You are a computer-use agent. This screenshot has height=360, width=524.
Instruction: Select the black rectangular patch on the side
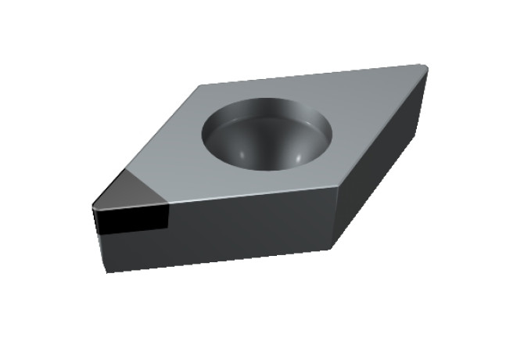130,219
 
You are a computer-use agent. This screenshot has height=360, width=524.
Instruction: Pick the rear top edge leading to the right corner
313,75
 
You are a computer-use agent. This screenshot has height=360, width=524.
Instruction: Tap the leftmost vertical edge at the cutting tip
93,223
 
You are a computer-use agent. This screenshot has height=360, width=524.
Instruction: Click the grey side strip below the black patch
133,250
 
